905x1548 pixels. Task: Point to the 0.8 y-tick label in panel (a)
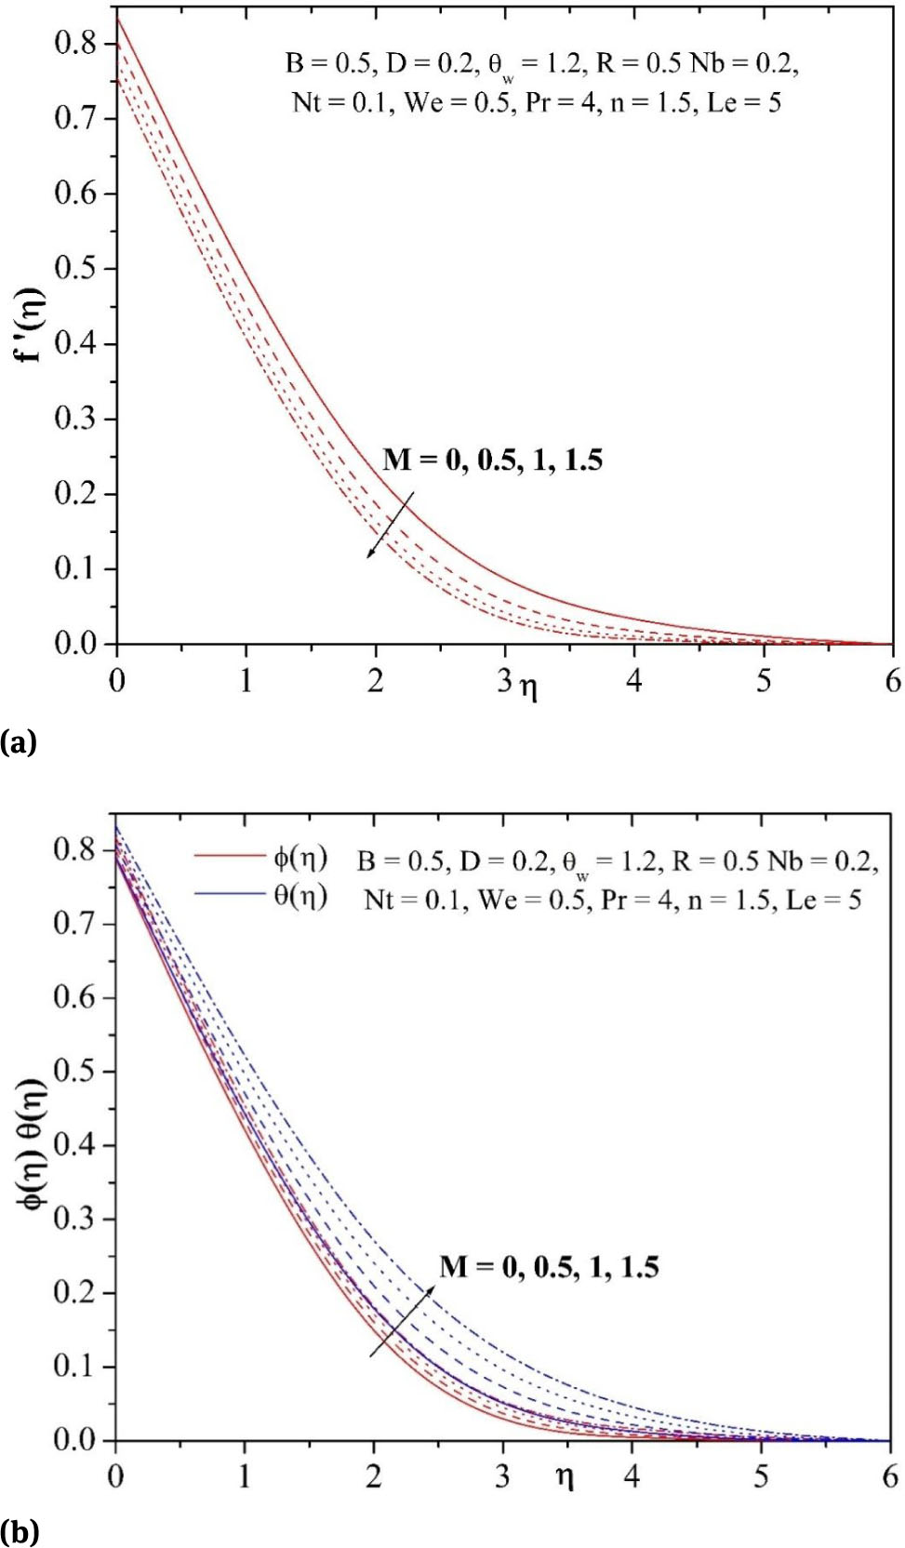[x=74, y=43]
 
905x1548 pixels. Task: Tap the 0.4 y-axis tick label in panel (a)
[x=74, y=343]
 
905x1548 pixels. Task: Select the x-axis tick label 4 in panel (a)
[x=634, y=681]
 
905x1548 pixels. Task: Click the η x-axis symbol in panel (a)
[x=528, y=687]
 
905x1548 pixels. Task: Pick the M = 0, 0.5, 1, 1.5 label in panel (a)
[x=492, y=460]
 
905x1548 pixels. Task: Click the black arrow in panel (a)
[x=390, y=526]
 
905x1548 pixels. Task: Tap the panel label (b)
[x=19, y=1530]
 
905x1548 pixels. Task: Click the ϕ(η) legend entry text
[x=299, y=858]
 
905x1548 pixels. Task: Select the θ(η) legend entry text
[x=299, y=896]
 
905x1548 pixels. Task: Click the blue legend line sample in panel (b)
[x=229, y=893]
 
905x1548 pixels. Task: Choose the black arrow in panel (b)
[x=402, y=1322]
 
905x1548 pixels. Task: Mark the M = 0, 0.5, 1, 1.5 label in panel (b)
[x=549, y=1267]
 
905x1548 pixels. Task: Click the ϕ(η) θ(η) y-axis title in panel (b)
[x=33, y=1144]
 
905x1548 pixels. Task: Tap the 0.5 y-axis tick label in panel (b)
[x=74, y=1071]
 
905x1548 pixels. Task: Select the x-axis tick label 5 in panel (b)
[x=761, y=1477]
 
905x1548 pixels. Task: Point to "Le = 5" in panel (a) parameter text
[x=744, y=102]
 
